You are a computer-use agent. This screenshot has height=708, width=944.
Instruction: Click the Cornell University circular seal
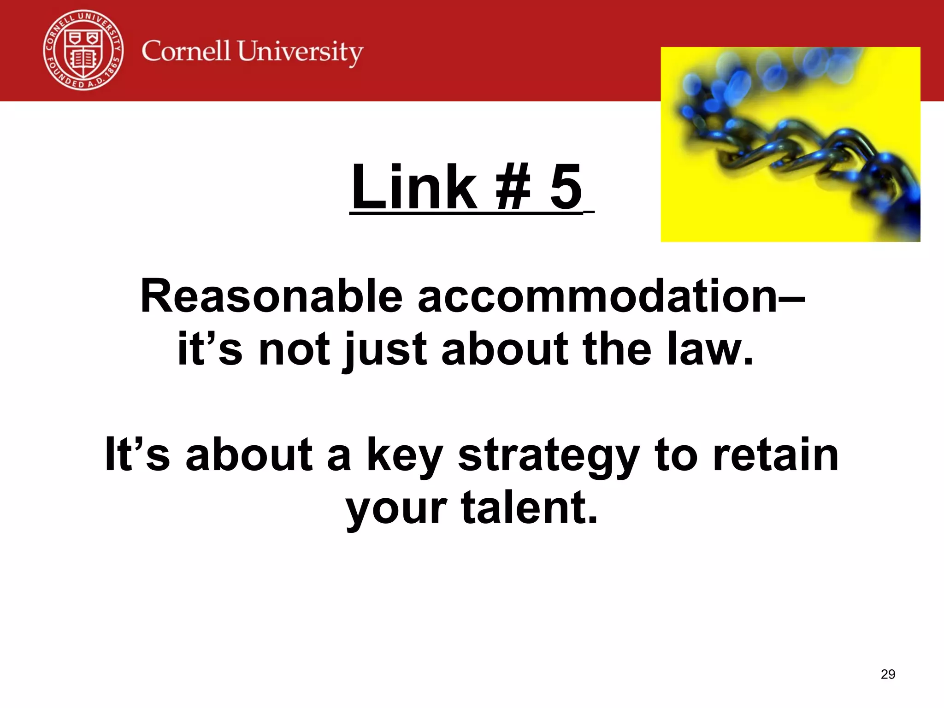pyautogui.click(x=83, y=50)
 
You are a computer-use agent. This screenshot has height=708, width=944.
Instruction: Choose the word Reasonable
pyautogui.click(x=271, y=296)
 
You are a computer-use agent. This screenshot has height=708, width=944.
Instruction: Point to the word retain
pyautogui.click(x=775, y=455)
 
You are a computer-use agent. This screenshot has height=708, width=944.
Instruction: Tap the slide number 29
pyautogui.click(x=888, y=674)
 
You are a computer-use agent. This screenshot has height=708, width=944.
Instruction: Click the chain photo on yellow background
pyautogui.click(x=790, y=144)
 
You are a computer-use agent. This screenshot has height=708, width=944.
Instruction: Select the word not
pyautogui.click(x=295, y=349)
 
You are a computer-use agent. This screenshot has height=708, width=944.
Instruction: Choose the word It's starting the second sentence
pyautogui.click(x=137, y=455)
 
